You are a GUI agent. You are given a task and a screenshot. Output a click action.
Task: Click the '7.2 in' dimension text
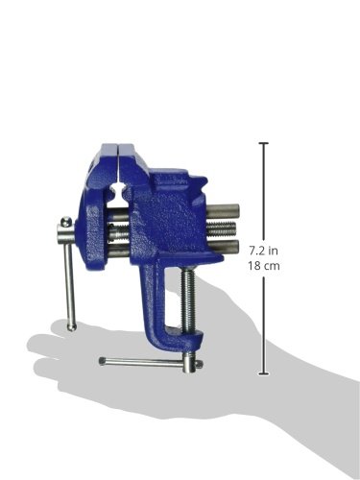pyautogui.click(x=264, y=251)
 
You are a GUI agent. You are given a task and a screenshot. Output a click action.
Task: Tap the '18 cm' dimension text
pyautogui.click(x=264, y=266)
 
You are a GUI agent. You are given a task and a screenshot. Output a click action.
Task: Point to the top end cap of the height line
pyautogui.click(x=264, y=143)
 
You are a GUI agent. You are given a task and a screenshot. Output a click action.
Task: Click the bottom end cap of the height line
pyautogui.click(x=264, y=373)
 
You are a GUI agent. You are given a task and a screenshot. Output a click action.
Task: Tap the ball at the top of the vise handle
pyautogui.click(x=66, y=221)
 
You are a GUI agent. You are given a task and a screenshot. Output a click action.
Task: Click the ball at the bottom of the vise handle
pyautogui.click(x=71, y=326)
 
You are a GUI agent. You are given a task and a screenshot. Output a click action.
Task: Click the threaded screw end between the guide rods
pyautogui.click(x=222, y=228)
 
